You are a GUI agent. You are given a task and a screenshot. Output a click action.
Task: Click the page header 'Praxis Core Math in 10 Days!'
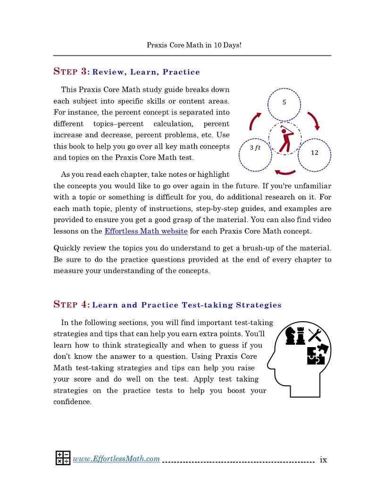coord(194,45)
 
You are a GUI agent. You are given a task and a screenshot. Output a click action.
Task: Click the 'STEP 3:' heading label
coord(71,72)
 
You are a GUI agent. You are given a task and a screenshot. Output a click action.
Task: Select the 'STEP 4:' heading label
coord(71,305)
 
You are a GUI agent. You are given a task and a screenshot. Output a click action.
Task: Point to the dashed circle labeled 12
coord(315,153)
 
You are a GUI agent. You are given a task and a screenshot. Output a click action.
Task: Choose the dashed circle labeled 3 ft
coord(255,154)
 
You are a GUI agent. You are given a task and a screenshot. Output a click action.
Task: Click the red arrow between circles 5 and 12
coord(314,121)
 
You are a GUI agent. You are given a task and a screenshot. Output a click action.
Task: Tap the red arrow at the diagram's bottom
coord(285,172)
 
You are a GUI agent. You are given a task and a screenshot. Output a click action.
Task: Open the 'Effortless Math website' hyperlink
coord(146,231)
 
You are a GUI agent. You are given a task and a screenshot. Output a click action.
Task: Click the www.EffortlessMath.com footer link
coord(116,458)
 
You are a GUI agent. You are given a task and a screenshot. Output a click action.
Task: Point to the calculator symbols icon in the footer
coord(63,458)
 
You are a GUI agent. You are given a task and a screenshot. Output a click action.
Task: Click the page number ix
coord(323,459)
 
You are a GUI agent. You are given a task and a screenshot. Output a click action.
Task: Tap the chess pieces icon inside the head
coord(295,336)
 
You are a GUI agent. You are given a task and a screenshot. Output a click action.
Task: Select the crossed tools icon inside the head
coord(315,335)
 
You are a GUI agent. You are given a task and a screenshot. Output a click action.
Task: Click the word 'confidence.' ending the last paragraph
coord(72,402)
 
